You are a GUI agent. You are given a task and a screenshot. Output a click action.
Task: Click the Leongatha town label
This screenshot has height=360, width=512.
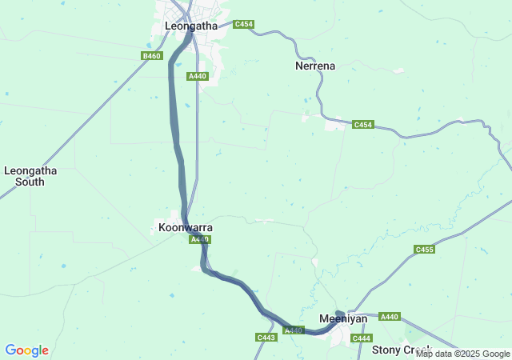click(x=190, y=26)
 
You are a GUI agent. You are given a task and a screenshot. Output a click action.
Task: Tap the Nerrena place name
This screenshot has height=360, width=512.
click(x=315, y=66)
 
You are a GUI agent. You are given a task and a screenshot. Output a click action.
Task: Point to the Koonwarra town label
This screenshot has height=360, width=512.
click(x=186, y=228)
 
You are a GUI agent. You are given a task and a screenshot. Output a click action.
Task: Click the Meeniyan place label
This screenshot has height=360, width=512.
click(x=343, y=318)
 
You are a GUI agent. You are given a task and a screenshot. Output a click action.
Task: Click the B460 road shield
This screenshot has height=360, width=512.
click(x=151, y=56)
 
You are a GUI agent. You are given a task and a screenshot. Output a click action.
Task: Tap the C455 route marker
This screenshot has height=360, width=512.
click(x=425, y=250)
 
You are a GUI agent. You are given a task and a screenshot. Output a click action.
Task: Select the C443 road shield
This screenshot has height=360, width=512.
click(x=266, y=338)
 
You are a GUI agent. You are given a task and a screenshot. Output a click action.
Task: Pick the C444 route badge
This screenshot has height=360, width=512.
click(x=362, y=338)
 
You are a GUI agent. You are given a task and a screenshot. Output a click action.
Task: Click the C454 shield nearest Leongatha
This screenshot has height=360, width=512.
click(x=244, y=25)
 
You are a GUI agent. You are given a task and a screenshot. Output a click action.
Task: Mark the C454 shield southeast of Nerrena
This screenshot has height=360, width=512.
click(x=363, y=125)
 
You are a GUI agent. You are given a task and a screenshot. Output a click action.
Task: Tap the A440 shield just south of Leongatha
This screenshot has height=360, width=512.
click(x=198, y=76)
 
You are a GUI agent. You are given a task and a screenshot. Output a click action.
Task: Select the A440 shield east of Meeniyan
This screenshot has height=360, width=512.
click(x=390, y=317)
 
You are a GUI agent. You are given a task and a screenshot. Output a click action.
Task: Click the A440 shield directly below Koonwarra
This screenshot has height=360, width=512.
click(x=199, y=239)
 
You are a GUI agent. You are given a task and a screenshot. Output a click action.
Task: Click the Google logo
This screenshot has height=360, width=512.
click(x=26, y=350)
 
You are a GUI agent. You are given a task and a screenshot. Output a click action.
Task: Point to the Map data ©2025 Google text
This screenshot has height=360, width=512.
click(x=462, y=354)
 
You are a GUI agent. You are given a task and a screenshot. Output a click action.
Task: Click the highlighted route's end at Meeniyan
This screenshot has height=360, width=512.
click(x=339, y=313)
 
